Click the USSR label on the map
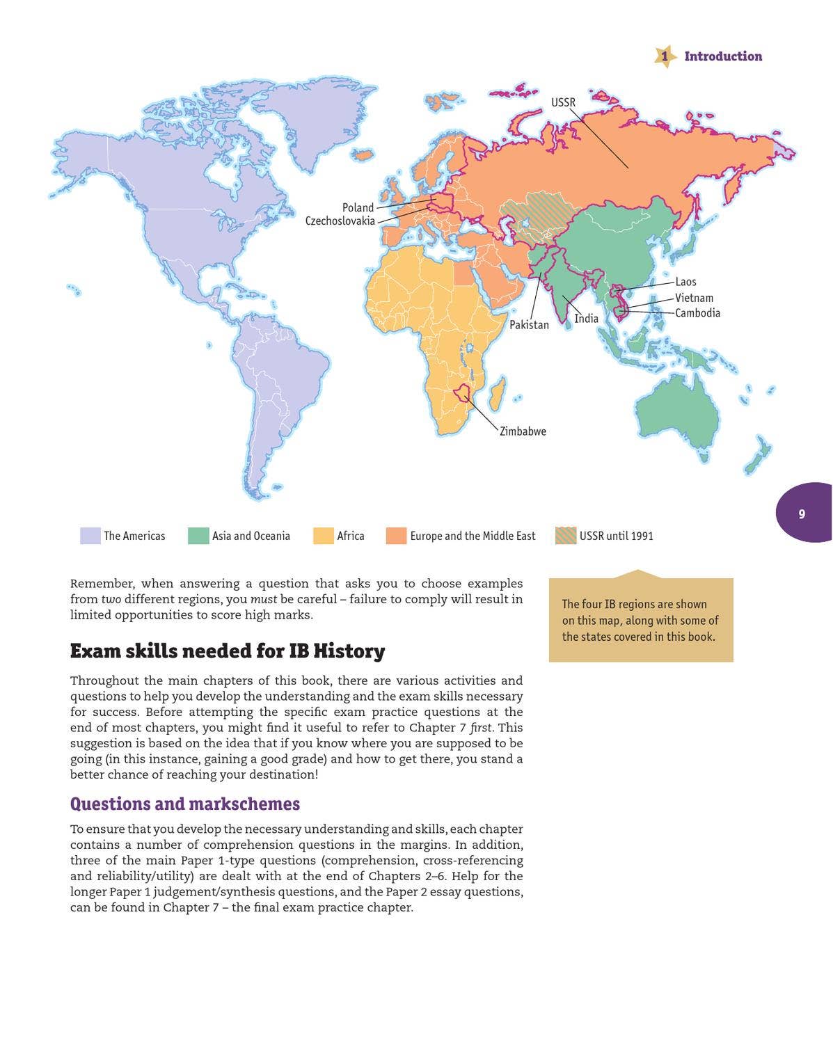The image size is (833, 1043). coord(563,102)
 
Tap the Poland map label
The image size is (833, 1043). coord(358,207)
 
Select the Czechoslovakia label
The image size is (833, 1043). coord(340,221)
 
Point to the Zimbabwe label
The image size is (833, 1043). coord(523,431)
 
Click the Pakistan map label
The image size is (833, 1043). coord(529,325)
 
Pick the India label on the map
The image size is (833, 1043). coord(586,318)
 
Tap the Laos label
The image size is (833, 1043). coord(685,282)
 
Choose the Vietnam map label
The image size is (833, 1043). coord(694,298)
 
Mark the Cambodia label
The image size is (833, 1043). coord(697,313)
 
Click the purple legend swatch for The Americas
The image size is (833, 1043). coord(90,536)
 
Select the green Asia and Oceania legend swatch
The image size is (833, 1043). coord(198,536)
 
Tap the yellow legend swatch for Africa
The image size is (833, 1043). coord(324,536)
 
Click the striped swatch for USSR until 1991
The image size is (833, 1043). coord(566,536)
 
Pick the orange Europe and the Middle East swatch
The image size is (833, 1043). coord(396,536)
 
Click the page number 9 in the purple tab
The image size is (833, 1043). coord(802,514)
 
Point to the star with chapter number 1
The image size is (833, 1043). coord(665,56)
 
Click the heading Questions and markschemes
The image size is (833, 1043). coord(185,804)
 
